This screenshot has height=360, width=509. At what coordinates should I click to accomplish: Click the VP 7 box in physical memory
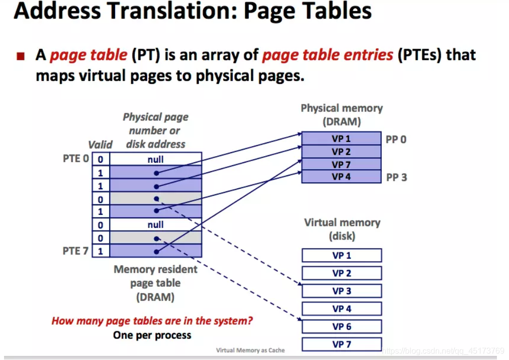click(341, 164)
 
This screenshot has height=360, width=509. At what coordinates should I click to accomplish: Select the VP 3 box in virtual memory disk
click(342, 291)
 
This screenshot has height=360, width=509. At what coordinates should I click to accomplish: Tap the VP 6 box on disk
click(342, 327)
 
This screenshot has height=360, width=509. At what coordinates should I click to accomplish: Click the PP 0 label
click(396, 139)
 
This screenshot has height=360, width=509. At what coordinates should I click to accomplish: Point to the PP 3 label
click(396, 177)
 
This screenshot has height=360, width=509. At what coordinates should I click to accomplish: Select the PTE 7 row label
click(75, 251)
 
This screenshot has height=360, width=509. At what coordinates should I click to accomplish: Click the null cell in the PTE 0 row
click(156, 159)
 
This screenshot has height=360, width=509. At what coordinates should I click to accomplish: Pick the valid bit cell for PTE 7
click(100, 251)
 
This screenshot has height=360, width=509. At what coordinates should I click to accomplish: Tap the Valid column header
click(100, 145)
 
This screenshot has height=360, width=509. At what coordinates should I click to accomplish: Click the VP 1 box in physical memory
click(341, 139)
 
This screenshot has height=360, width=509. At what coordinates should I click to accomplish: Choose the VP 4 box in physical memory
click(341, 177)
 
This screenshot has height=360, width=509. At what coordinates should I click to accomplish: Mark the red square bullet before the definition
click(21, 56)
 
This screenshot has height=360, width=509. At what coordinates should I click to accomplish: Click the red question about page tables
click(152, 321)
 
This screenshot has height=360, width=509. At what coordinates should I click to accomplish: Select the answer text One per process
click(152, 335)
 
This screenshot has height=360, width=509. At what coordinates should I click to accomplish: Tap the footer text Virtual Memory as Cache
click(250, 350)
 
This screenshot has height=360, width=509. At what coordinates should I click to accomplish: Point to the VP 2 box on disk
click(342, 274)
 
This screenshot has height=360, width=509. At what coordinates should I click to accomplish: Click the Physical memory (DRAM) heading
click(342, 114)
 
